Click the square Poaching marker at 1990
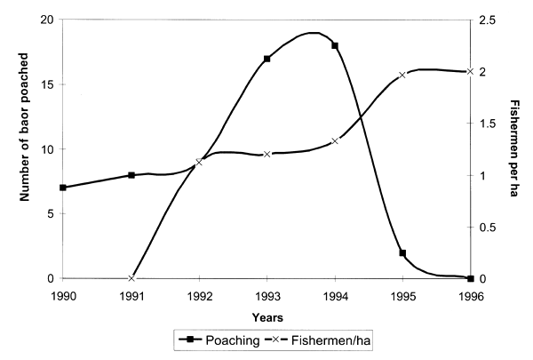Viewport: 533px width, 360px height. [x=63, y=188]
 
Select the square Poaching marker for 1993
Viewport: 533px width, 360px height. [x=266, y=59]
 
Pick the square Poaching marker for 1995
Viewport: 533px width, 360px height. [x=402, y=253]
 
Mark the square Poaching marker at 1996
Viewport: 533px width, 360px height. [x=470, y=279]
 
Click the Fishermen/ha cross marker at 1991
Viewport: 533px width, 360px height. [x=131, y=278]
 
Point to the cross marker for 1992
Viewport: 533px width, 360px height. [x=199, y=162]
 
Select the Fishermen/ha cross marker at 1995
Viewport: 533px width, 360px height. [x=402, y=76]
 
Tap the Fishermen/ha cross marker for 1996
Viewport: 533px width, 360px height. [x=470, y=71]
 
